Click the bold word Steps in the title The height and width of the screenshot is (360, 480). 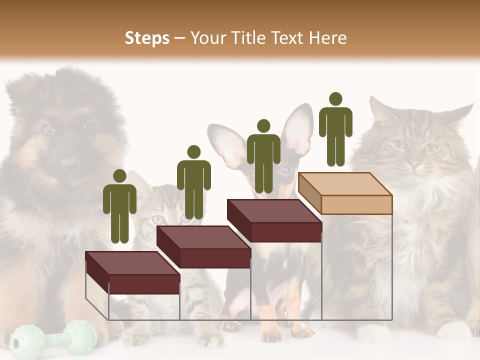pyautogui.click(x=147, y=38)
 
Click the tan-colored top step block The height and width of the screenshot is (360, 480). pyautogui.click(x=345, y=193)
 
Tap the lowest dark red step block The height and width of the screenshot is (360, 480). pyautogui.click(x=132, y=273)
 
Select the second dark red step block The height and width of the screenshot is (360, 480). pyautogui.click(x=203, y=247)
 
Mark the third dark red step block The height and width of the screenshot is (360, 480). pyautogui.click(x=274, y=220)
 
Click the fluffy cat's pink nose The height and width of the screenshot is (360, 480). pyautogui.click(x=414, y=163)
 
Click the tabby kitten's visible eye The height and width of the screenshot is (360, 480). pyautogui.click(x=159, y=219)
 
